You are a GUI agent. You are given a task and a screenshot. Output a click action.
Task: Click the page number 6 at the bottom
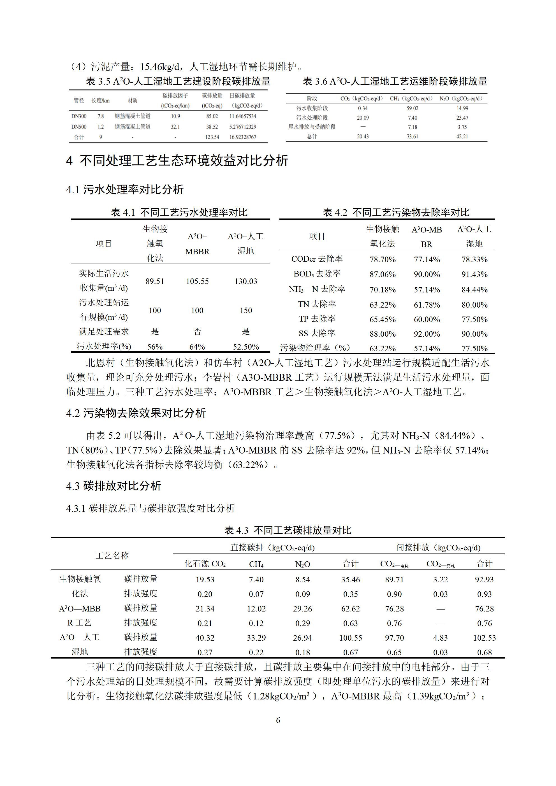coord(278,720)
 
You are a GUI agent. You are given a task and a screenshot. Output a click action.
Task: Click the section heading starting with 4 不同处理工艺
coord(177,160)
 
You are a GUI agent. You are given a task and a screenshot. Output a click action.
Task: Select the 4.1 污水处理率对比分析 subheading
coord(125,189)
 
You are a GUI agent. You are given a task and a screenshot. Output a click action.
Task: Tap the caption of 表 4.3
coord(288,530)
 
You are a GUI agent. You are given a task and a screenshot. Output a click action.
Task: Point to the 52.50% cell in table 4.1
coord(245,347)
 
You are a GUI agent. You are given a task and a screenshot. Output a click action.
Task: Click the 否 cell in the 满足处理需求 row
coord(197,331)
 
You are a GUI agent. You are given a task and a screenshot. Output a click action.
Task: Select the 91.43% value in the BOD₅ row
coord(474,274)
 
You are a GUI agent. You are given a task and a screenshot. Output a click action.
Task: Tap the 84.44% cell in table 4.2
coord(474,290)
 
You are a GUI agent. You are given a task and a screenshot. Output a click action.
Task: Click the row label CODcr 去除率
coord(317,259)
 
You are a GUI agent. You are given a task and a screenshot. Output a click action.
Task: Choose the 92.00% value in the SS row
coord(427,334)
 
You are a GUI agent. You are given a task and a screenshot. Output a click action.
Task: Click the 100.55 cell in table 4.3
coord(351,638)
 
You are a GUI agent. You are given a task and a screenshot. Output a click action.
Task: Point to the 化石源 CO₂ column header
coord(205,564)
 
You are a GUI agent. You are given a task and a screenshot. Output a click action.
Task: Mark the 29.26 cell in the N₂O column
coord(302,609)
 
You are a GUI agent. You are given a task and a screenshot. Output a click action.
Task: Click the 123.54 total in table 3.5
coord(212,137)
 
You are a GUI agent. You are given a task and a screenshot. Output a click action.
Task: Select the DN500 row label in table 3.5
coord(79,127)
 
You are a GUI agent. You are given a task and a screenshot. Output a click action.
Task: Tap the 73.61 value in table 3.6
coord(413,136)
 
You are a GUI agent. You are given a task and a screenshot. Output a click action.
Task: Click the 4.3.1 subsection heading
coord(150,508)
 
